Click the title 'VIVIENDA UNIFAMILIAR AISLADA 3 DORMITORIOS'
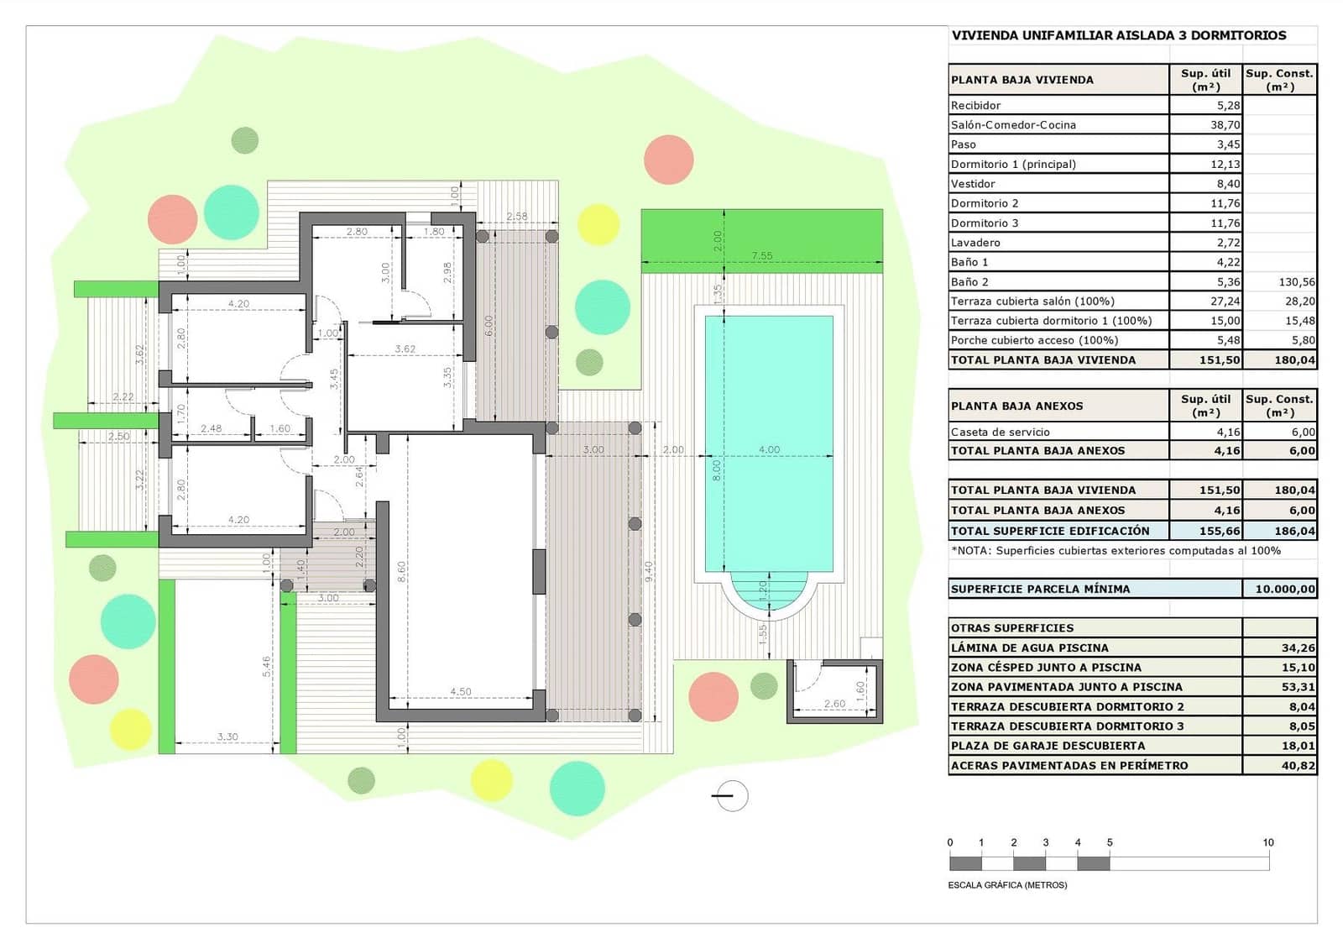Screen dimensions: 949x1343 click(1118, 35)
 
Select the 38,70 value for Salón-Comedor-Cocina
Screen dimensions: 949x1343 click(1225, 124)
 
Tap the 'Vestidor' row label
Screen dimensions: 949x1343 click(973, 183)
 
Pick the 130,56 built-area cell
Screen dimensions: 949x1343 click(1296, 282)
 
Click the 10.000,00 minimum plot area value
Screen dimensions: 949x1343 click(1284, 589)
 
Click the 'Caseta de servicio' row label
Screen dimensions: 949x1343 click(1000, 432)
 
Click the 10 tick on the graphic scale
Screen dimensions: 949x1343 click(1268, 842)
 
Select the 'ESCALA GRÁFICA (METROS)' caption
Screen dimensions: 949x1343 click(1007, 884)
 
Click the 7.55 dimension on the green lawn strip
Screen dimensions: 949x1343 click(761, 255)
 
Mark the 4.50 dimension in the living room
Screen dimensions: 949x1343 click(460, 691)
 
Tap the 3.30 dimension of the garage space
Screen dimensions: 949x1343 click(227, 737)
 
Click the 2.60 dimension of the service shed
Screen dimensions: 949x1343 click(834, 704)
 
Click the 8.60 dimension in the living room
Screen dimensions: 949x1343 click(402, 571)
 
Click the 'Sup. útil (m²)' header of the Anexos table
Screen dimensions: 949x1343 click(1205, 405)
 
